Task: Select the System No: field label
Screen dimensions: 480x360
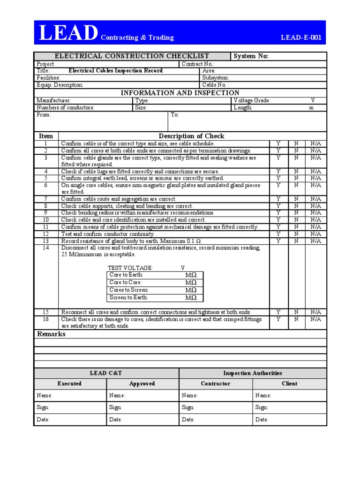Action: point(251,56)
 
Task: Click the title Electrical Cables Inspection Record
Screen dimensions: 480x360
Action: point(116,71)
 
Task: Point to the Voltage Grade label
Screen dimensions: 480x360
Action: point(252,101)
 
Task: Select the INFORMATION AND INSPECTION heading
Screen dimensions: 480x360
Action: point(180,93)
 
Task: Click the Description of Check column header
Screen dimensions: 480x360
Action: point(191,136)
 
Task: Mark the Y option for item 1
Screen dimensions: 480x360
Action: point(278,143)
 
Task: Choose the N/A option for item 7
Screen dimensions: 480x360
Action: point(315,199)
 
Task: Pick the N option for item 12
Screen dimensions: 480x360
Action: point(296,234)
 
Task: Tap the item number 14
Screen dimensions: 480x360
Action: point(46,247)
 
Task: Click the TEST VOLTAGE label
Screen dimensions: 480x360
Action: point(130,268)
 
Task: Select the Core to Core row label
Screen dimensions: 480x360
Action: point(125,283)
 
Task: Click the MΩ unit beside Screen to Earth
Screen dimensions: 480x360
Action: point(191,298)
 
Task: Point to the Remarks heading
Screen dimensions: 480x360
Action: point(51,334)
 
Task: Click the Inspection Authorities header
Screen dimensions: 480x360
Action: point(252,373)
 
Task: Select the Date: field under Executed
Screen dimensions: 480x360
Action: point(43,420)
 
